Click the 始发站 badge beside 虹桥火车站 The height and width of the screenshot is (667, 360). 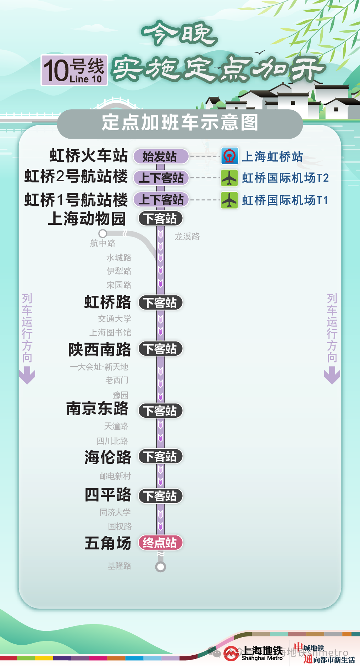(161, 156)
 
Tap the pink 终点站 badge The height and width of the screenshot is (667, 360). (160, 543)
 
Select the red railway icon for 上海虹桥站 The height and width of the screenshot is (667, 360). (229, 156)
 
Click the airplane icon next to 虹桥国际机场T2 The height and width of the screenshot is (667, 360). (229, 178)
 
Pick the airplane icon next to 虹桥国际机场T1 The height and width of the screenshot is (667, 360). (229, 200)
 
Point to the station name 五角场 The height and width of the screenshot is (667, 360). (108, 543)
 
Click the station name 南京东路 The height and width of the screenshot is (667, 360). (98, 408)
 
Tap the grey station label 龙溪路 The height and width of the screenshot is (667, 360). (187, 237)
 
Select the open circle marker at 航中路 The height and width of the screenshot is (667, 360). (103, 234)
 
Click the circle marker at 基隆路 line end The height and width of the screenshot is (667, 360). (161, 567)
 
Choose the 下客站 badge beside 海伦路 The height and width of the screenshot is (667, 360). (160, 456)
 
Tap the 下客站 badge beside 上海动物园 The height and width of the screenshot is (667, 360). (160, 218)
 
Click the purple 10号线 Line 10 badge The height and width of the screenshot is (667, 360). (74, 70)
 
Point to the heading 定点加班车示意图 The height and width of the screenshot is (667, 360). (180, 123)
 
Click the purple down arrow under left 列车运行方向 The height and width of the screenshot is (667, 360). (27, 376)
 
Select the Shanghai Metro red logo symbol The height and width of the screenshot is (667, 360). (231, 654)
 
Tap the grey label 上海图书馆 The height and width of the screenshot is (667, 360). (110, 332)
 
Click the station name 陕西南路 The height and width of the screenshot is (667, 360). (100, 350)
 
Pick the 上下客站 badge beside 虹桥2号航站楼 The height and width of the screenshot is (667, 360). (161, 178)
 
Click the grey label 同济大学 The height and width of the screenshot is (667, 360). (115, 512)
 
